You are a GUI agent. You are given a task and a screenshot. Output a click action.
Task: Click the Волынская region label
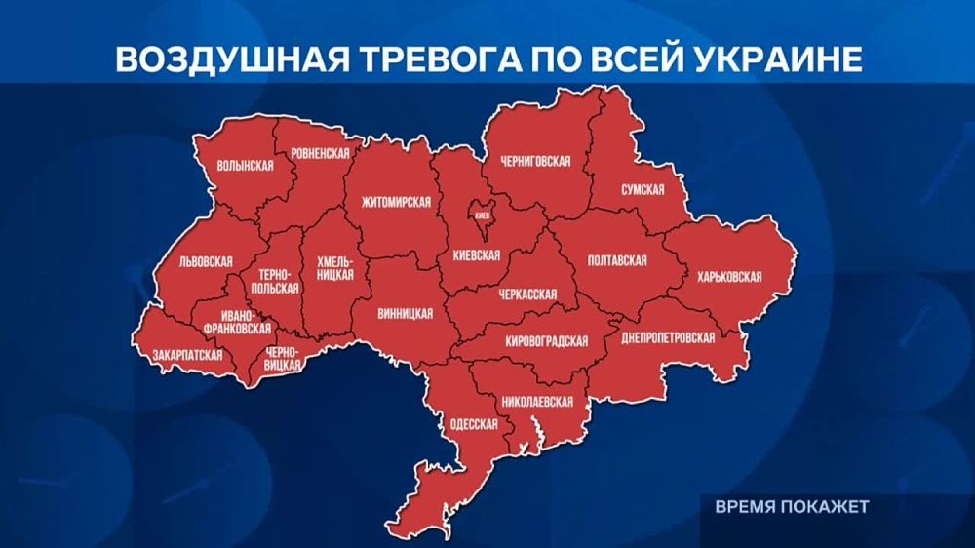pos(246,166)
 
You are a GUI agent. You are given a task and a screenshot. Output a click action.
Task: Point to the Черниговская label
pos(534,161)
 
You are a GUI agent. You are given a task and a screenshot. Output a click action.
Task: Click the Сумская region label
pos(643,190)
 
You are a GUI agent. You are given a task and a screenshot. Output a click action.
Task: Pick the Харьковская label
pos(729,277)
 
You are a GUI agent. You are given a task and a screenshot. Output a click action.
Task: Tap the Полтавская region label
pos(618,261)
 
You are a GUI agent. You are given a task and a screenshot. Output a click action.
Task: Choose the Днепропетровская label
pos(668,337)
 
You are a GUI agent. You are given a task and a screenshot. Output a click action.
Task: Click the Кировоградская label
pos(547,340)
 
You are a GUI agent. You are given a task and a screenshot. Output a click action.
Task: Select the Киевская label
pos(477,255)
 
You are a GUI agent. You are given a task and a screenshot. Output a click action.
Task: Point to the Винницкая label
pos(406,314)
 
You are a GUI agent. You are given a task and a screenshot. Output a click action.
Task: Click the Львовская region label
pos(206,262)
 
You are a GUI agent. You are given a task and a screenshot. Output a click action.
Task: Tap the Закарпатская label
pos(181,355)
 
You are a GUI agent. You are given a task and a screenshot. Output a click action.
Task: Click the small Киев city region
pos(482,215)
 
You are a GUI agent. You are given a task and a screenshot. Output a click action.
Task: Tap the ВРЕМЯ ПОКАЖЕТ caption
pos(791,507)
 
